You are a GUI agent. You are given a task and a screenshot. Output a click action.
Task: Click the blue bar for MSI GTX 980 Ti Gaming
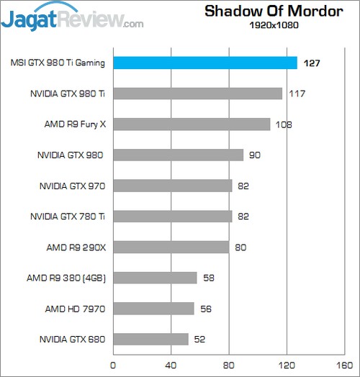(x=205, y=63)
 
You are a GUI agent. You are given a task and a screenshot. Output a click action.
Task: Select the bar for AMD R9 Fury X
(x=191, y=124)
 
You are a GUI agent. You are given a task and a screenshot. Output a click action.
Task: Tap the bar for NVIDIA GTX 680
(x=150, y=338)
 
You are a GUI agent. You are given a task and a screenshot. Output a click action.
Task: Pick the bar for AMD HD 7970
(x=153, y=308)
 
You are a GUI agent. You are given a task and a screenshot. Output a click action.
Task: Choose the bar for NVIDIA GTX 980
(x=178, y=155)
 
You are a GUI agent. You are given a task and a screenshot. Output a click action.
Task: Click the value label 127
(x=311, y=63)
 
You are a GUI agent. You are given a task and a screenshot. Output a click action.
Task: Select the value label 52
(x=199, y=339)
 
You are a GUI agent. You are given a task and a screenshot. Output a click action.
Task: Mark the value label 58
(x=207, y=278)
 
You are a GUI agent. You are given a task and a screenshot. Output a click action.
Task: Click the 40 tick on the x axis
(x=171, y=365)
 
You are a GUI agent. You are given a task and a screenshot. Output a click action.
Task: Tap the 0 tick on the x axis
(x=112, y=365)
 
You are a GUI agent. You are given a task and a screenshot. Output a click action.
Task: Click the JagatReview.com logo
(x=72, y=17)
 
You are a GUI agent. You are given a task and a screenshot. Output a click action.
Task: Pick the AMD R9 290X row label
(x=76, y=247)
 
